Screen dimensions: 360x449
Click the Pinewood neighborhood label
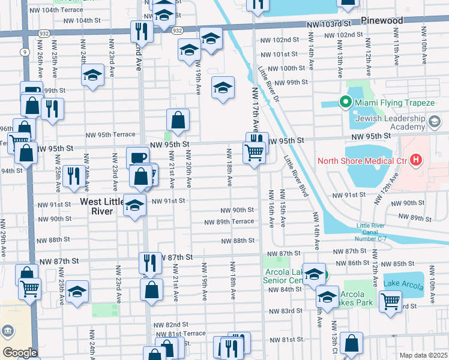(x=383, y=20)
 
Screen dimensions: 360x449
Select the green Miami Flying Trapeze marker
(x=345, y=103)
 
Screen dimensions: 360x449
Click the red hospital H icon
(x=415, y=160)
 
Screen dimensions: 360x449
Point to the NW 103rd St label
(x=328, y=24)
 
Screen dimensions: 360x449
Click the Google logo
(x=19, y=353)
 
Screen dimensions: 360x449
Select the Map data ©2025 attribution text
(x=423, y=355)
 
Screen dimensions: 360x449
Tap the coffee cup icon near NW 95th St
(x=137, y=157)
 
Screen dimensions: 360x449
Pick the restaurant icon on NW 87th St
(x=150, y=262)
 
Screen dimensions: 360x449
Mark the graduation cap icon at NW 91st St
(x=134, y=204)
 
